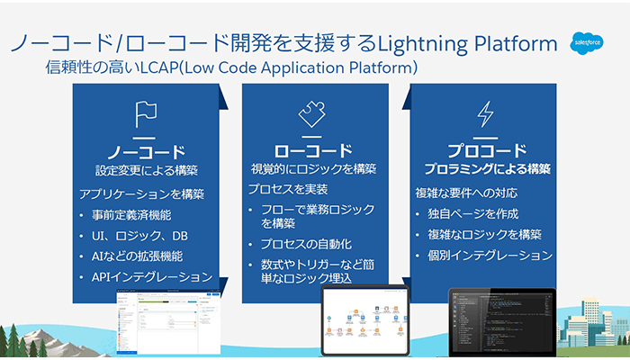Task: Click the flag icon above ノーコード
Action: click(x=146, y=114)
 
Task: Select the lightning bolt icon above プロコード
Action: click(x=485, y=113)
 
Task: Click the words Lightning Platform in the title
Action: click(x=468, y=42)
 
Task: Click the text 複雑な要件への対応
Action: click(x=465, y=193)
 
